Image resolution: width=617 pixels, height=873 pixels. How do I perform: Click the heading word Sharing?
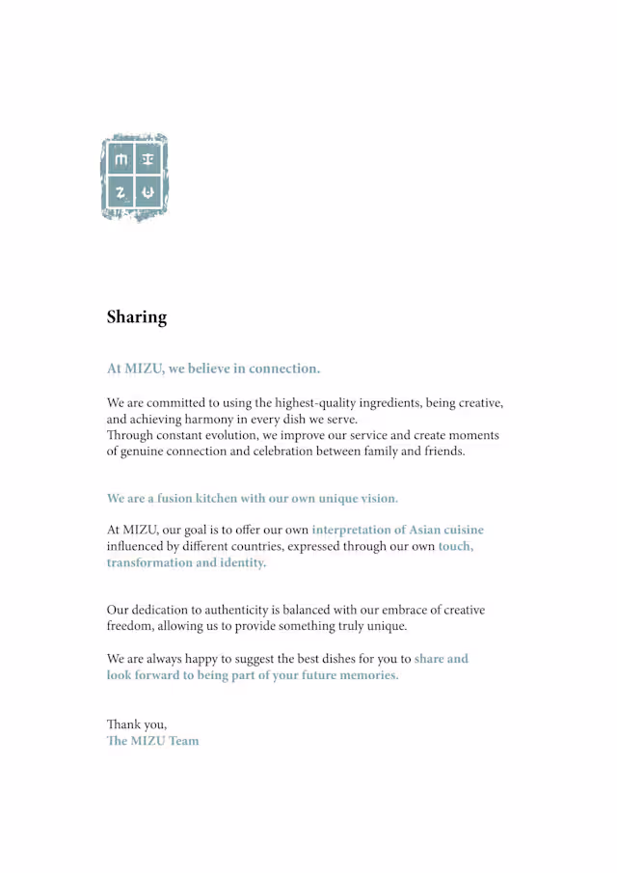[x=137, y=317]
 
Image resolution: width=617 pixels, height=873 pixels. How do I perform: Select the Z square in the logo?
[x=121, y=193]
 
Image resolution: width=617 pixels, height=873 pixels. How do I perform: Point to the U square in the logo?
[x=148, y=193]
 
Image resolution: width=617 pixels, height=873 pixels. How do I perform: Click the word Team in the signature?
[x=183, y=741]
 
